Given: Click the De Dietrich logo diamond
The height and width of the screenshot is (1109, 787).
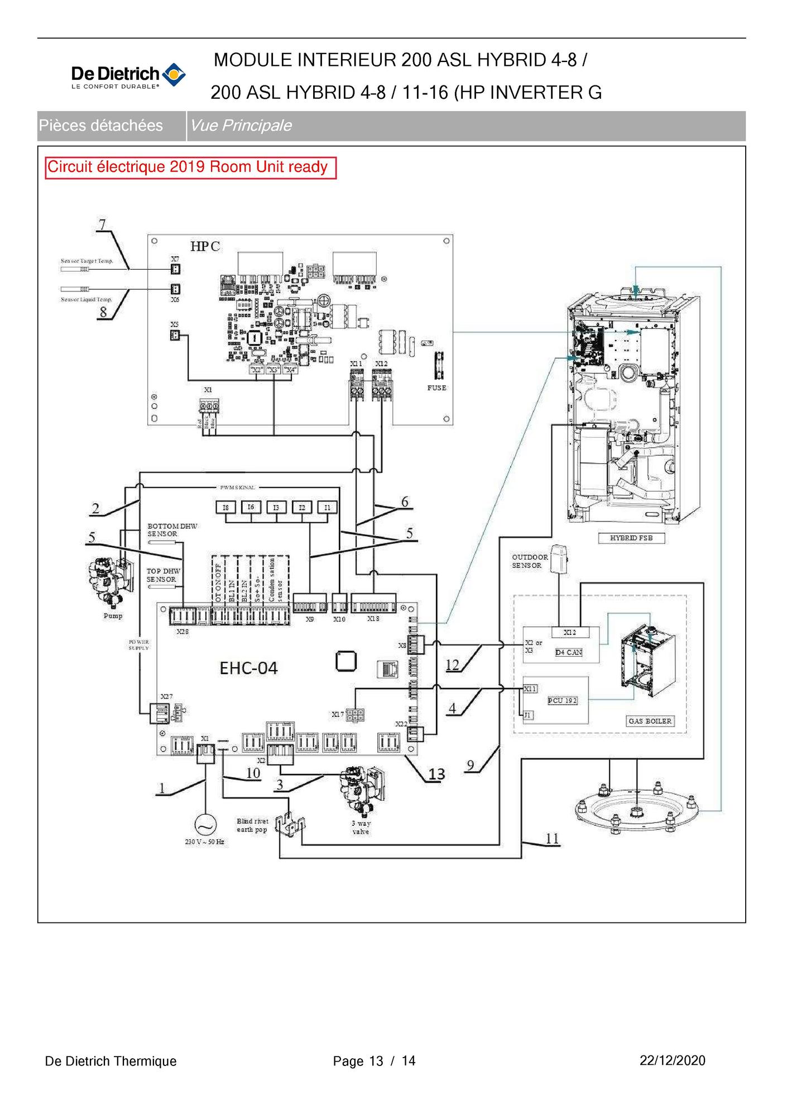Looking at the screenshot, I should (x=174, y=75).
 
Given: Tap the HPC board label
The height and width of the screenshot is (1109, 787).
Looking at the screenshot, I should (x=205, y=246).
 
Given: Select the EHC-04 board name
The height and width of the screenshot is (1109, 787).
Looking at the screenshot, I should (x=248, y=668).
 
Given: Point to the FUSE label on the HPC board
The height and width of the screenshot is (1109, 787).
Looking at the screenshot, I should (x=436, y=388).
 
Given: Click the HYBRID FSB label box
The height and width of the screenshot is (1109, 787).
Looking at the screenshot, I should (x=631, y=538).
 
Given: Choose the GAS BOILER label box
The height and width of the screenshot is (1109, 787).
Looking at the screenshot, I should (x=650, y=721).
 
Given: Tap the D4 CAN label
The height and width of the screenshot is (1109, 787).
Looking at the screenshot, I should (x=568, y=652).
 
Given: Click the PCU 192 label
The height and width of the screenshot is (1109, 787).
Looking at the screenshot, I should (x=562, y=700).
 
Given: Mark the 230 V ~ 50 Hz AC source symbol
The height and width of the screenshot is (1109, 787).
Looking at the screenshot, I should (x=204, y=825).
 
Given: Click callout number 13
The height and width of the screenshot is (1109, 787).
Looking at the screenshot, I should (x=436, y=774).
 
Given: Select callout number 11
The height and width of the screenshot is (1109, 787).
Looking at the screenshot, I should (x=551, y=838).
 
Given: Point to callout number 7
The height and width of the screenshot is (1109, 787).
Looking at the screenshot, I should (x=102, y=224).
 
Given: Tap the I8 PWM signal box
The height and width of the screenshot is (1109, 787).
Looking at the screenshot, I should (x=225, y=507).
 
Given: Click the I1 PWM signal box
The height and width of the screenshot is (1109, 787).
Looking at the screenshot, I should (x=327, y=507).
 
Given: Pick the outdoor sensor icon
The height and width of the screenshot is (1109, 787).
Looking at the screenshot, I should (x=559, y=558).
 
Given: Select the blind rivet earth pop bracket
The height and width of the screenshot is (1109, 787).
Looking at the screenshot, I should (x=290, y=825).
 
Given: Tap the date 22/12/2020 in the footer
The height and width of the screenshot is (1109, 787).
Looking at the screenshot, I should (x=672, y=1060).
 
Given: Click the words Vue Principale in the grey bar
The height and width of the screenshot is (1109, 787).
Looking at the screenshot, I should (x=241, y=126).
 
